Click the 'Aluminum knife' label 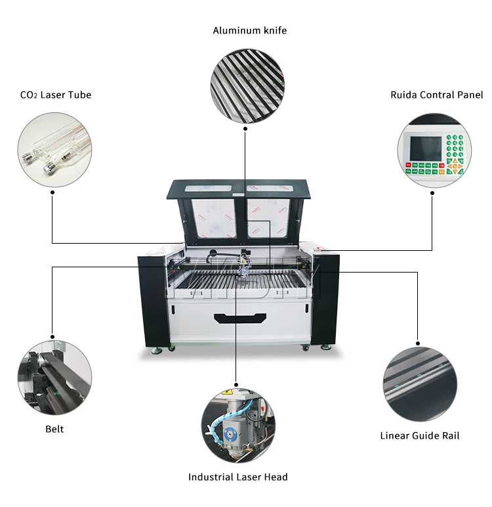pyautogui.click(x=249, y=30)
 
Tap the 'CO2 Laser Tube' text pyautogui.click(x=56, y=95)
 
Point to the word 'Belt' pyautogui.click(x=54, y=429)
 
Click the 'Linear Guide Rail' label pyautogui.click(x=420, y=435)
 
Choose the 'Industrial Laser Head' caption pyautogui.click(x=237, y=477)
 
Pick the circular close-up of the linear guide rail pyautogui.click(x=419, y=384)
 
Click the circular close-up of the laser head pyautogui.click(x=237, y=422)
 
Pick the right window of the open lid pyautogui.click(x=268, y=219)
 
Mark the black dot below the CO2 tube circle pyautogui.click(x=52, y=192)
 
